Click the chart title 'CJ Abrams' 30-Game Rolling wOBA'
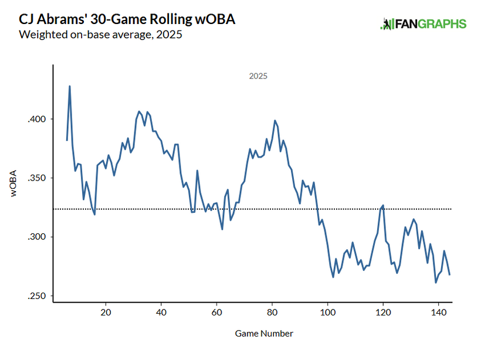127,19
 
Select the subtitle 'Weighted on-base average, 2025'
100,35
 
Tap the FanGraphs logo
423,24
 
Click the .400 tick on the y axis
37,119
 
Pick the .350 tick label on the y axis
37,178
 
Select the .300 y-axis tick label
37,237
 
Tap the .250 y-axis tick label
37,296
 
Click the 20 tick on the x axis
106,311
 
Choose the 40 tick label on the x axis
161,311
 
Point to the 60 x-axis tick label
216,311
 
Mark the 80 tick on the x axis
272,311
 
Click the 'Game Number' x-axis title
264,334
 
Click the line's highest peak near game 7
70,86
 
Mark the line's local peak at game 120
383,205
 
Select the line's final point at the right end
449,274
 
